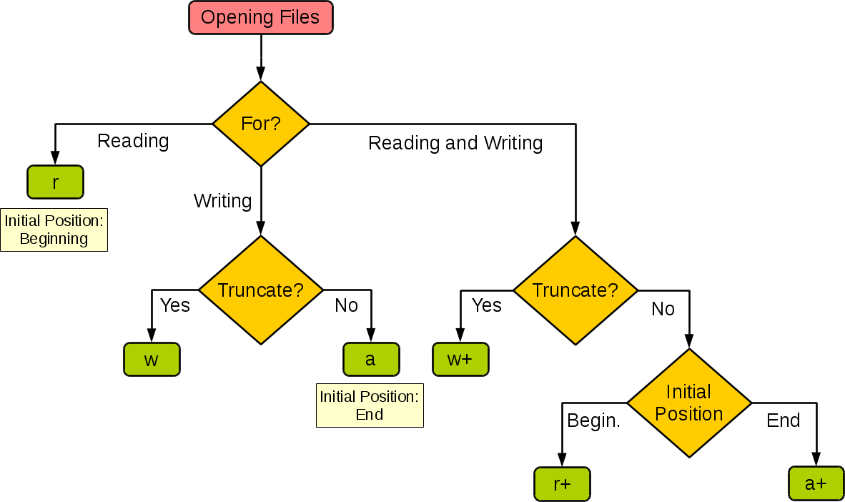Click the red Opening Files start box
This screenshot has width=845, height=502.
[260, 18]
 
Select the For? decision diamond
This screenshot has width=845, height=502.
[261, 124]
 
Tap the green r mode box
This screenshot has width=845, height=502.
[55, 182]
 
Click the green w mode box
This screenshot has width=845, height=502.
[152, 359]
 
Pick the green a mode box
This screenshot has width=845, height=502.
[370, 359]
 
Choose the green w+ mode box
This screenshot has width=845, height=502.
[460, 359]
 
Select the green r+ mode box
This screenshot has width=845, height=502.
[562, 483]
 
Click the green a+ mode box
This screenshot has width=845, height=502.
[816, 483]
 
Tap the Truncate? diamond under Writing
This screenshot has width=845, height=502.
[261, 290]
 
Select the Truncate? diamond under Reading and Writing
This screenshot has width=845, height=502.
[575, 290]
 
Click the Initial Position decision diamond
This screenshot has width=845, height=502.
[689, 403]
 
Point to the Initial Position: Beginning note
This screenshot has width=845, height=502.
[54, 230]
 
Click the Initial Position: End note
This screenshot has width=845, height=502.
[370, 405]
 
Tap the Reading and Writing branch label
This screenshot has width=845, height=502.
[455, 143]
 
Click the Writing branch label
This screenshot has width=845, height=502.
[222, 201]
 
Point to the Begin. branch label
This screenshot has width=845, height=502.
[593, 420]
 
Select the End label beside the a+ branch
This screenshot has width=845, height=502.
[783, 420]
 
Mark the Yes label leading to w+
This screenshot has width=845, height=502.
[487, 305]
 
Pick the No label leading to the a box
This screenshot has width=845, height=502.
[346, 305]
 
